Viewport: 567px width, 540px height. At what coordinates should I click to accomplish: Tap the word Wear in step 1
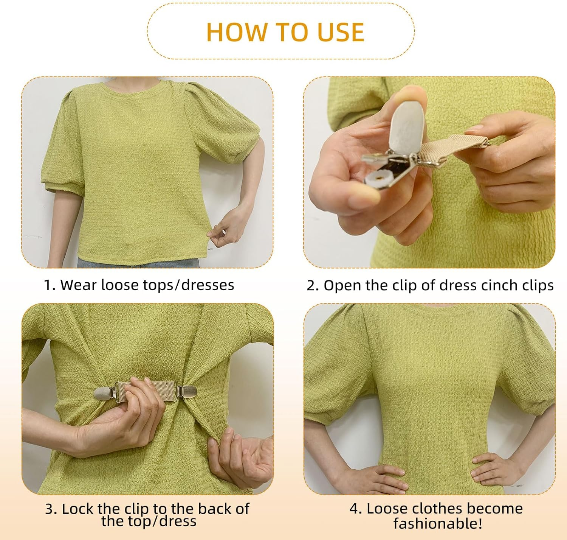pos(76,285)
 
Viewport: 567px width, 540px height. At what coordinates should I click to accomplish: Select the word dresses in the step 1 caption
pos(208,285)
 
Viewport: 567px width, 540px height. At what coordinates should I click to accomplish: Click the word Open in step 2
pos(342,286)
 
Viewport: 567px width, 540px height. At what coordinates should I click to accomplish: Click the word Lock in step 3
pos(79,509)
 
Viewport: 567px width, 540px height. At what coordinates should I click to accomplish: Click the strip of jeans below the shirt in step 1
pos(138,263)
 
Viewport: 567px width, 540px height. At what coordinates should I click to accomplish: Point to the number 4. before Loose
pos(356,509)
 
